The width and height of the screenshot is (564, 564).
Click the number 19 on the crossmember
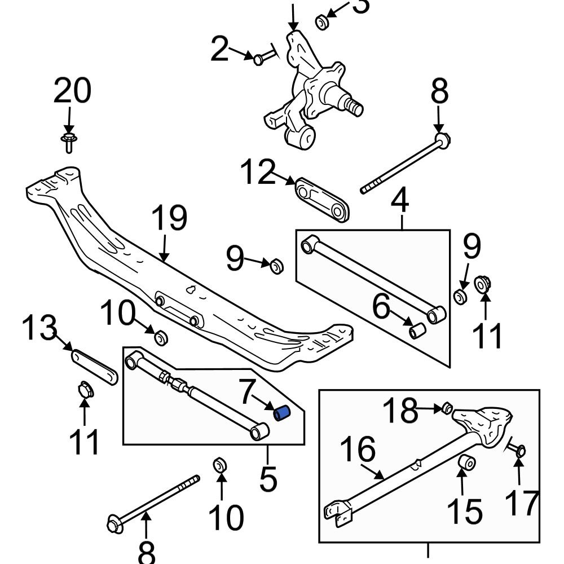pyautogui.click(x=169, y=218)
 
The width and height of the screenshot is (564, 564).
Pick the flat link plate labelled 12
pyautogui.click(x=323, y=200)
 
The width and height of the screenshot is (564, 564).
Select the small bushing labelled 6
pyautogui.click(x=417, y=330)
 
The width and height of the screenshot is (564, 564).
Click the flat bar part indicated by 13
pyautogui.click(x=94, y=366)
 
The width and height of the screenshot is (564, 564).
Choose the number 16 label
pyautogui.click(x=358, y=450)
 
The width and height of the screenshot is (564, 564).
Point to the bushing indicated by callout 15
pyautogui.click(x=466, y=464)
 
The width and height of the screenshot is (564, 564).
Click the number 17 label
pyautogui.click(x=522, y=504)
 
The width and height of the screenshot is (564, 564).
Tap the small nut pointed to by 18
pyautogui.click(x=446, y=408)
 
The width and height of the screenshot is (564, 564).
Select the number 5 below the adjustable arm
pyautogui.click(x=268, y=479)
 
